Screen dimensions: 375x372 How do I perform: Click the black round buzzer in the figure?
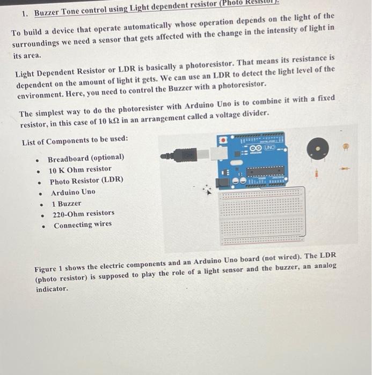tap(317, 148)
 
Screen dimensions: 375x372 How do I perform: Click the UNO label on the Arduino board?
tap(268, 146)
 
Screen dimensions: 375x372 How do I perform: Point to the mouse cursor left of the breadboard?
tap(206, 189)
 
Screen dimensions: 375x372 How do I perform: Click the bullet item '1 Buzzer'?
tap(67, 204)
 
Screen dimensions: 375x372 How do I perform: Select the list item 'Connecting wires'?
tap(83, 224)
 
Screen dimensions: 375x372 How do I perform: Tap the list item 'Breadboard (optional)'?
tap(86, 158)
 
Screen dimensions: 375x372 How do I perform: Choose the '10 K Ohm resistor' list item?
tap(80, 169)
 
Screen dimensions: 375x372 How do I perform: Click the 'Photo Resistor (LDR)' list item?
tap(86, 181)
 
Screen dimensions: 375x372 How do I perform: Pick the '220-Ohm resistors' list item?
tap(83, 213)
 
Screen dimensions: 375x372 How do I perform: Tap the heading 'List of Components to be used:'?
tap(75, 141)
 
